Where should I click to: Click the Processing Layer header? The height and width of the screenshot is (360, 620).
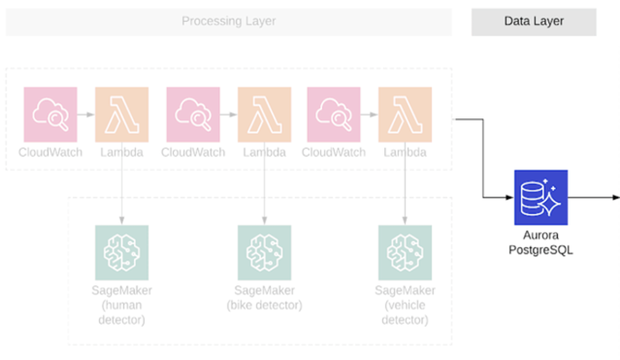tap(228, 21)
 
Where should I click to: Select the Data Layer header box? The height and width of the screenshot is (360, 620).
tap(534, 21)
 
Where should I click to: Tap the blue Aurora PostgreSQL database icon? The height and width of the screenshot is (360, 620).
tap(541, 197)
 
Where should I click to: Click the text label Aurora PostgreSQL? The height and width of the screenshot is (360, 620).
tap(541, 242)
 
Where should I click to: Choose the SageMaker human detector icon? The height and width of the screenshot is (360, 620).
tap(122, 252)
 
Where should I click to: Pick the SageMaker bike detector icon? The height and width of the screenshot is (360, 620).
tap(264, 252)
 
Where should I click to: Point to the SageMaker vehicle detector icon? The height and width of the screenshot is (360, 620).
tap(405, 252)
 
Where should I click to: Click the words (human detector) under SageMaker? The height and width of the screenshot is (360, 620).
tap(122, 312)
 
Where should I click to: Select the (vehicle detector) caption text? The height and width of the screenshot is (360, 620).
tap(405, 312)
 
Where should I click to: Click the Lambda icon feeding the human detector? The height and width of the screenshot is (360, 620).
tap(122, 114)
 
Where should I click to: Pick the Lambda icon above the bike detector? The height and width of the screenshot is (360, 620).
tap(264, 114)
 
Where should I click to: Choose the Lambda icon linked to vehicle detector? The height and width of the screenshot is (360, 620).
tap(405, 114)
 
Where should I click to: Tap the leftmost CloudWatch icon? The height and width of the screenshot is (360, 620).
tap(50, 114)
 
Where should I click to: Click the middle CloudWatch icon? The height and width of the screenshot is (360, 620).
tap(193, 114)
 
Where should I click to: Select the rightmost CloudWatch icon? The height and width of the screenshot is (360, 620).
tap(334, 114)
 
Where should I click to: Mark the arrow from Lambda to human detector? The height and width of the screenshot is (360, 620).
tap(122, 188)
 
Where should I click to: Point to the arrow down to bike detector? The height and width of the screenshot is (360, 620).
tap(264, 188)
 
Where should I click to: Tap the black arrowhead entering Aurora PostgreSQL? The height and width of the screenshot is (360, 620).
tap(508, 197)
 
